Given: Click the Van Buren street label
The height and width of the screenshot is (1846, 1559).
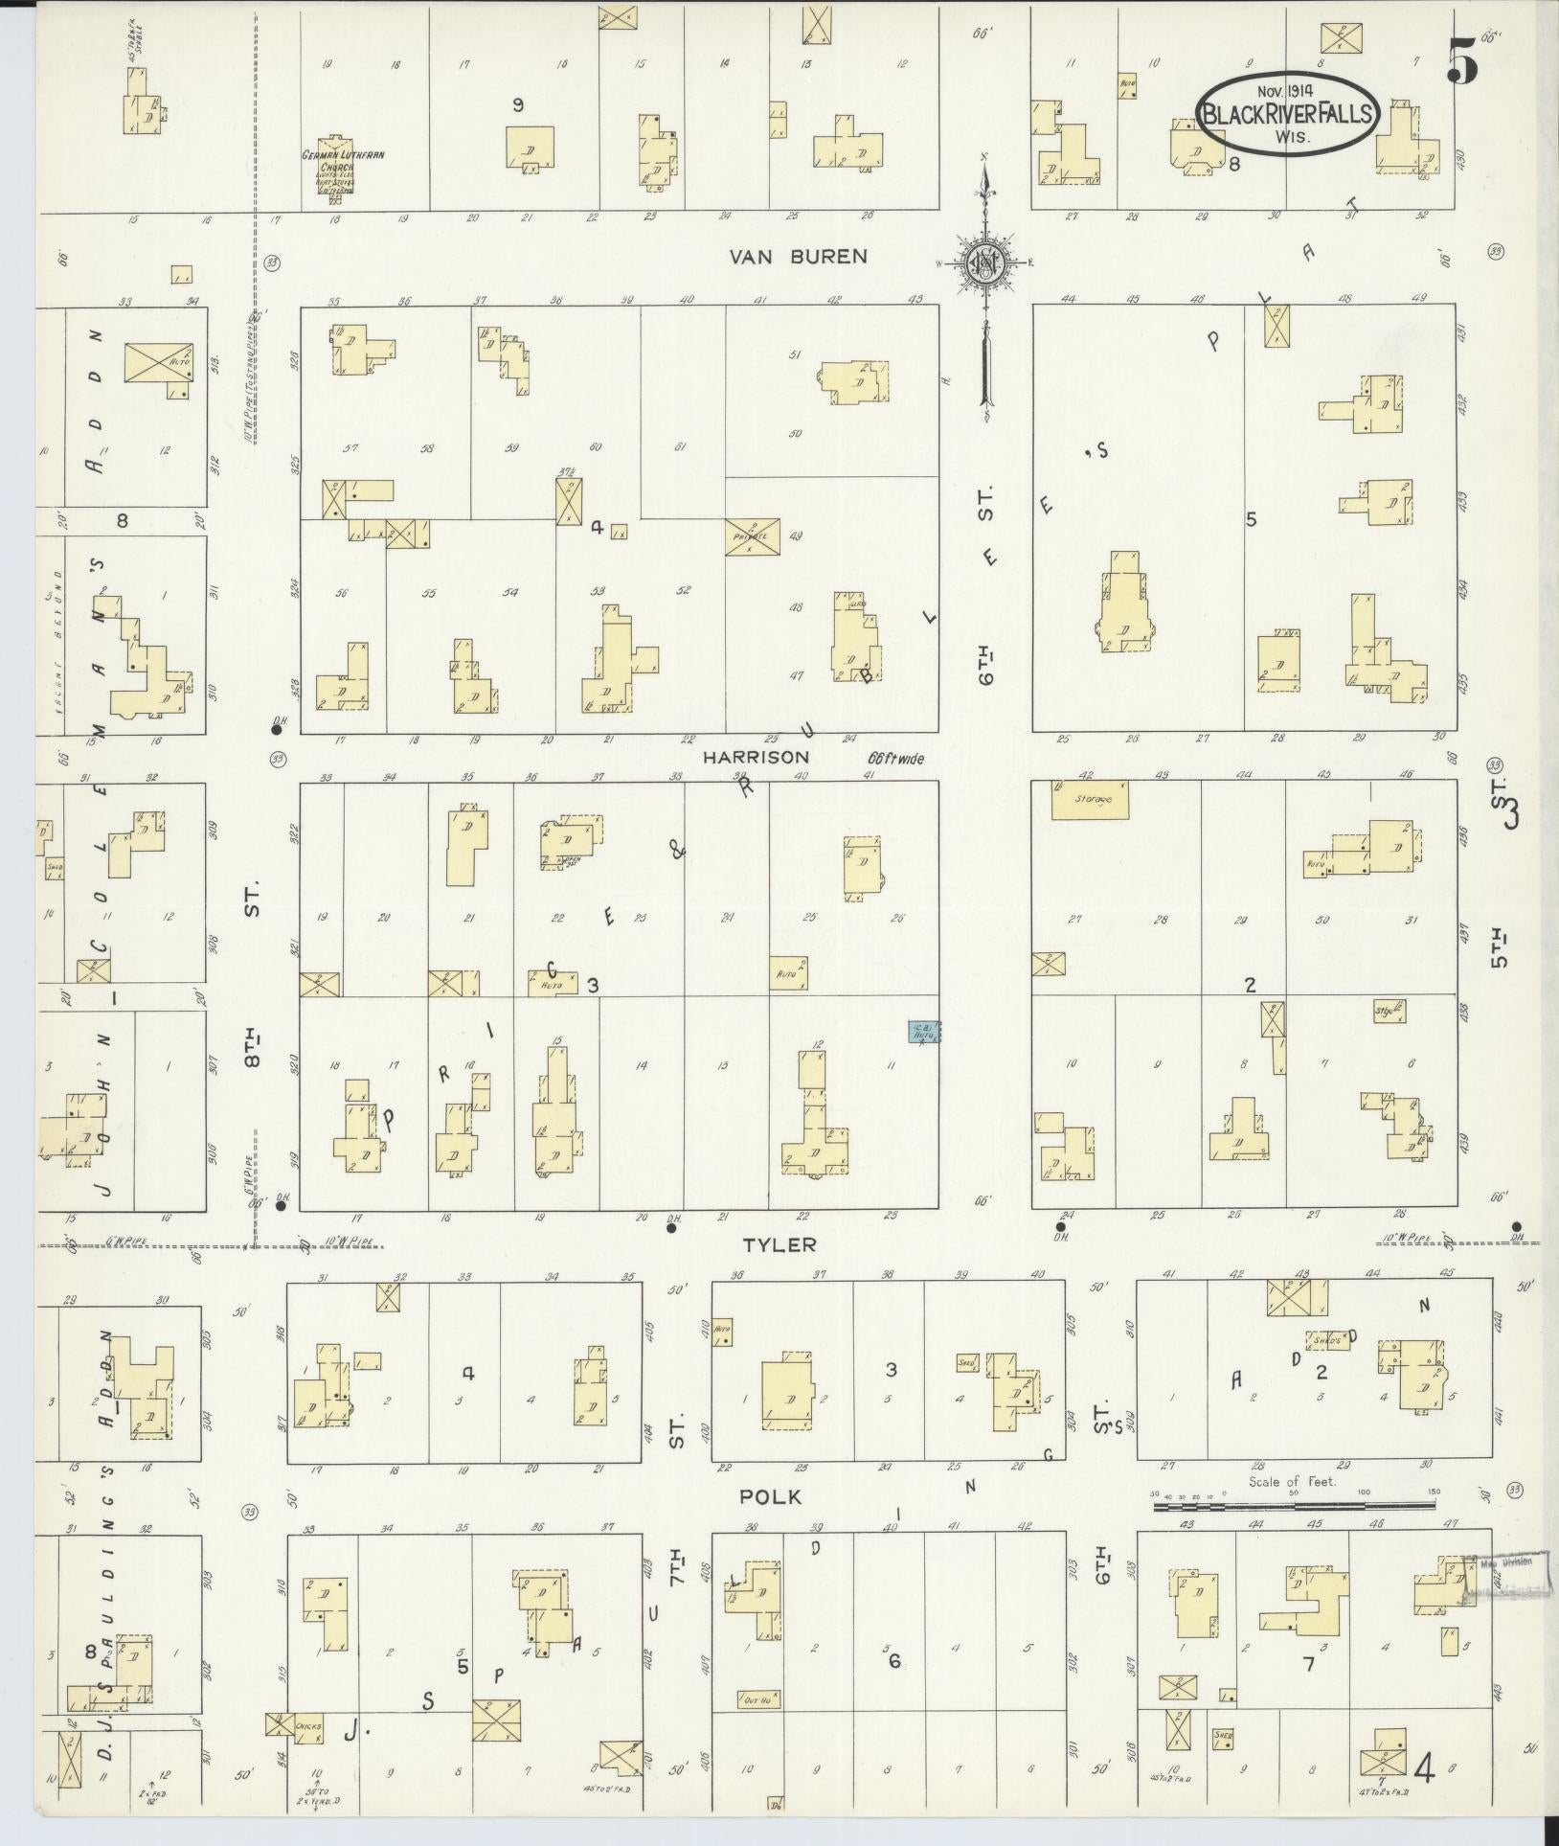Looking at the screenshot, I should pyautogui.click(x=798, y=256).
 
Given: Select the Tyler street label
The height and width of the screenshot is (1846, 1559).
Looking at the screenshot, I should pyautogui.click(x=780, y=1244).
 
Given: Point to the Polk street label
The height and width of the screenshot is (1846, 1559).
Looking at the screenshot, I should pyautogui.click(x=769, y=1496).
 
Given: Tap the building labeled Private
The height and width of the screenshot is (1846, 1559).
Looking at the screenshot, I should pyautogui.click(x=752, y=537).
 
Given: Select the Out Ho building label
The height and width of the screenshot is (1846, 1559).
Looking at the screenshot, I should pyautogui.click(x=758, y=1698).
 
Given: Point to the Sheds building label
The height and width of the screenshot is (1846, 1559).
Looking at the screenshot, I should pyautogui.click(x=1330, y=1340).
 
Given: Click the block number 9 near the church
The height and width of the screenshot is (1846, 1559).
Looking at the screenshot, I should pyautogui.click(x=517, y=106).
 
